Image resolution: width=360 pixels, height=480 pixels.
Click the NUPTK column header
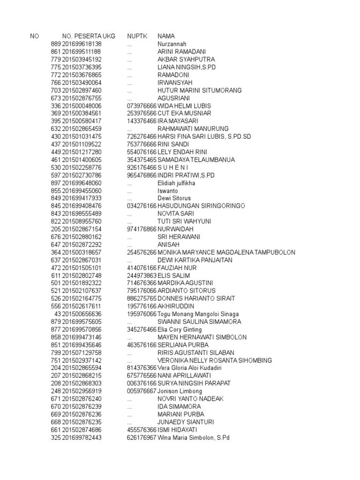[136, 36]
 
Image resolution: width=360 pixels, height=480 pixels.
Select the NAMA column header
[166, 36]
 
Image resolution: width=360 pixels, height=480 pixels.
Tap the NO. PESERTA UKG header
[88, 36]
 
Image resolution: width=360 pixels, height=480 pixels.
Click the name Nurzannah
[173, 44]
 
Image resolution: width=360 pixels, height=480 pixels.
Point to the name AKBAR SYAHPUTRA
[186, 60]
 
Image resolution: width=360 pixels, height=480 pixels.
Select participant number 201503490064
[82, 82]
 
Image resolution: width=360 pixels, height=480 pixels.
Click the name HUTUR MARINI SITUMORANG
[199, 90]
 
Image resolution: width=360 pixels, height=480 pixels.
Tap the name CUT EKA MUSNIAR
[184, 113]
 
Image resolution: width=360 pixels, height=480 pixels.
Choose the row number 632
[56, 129]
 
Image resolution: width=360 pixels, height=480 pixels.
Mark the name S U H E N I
[173, 167]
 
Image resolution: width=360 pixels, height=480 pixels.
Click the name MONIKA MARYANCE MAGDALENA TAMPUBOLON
[226, 252]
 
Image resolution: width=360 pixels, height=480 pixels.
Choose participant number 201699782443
[82, 437]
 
